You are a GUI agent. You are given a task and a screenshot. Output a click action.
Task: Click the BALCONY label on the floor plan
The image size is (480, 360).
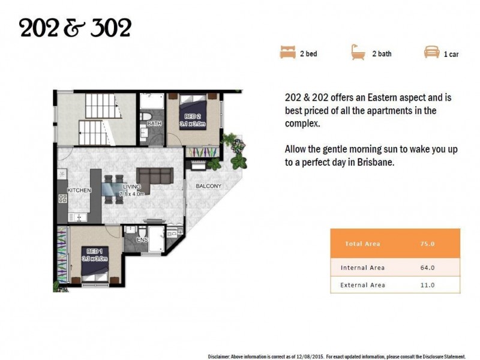(208, 186)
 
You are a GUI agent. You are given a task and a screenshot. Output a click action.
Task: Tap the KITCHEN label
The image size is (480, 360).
(79, 190)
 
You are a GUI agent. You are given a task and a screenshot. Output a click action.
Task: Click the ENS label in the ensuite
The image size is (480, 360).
(142, 239)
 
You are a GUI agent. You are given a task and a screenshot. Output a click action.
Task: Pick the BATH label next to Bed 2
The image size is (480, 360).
(154, 124)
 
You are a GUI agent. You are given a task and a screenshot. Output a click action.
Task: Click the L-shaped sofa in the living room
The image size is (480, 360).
(155, 179)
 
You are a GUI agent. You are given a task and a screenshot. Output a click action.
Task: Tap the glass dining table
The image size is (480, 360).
(112, 189)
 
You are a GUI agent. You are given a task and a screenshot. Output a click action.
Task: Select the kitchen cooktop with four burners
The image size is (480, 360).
(63, 199)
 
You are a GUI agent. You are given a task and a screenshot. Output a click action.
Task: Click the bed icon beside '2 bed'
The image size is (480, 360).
(288, 52)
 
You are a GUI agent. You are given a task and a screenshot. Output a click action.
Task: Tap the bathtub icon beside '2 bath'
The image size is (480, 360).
(358, 52)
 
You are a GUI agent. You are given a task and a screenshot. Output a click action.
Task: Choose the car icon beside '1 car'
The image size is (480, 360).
(431, 52)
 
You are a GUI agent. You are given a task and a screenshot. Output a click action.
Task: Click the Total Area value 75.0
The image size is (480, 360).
(427, 244)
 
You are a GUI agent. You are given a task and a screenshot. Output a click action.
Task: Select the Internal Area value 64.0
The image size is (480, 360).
(427, 268)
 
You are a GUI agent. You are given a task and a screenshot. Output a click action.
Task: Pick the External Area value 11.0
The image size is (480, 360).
(427, 285)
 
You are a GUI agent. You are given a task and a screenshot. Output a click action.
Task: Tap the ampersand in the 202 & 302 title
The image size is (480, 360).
(74, 28)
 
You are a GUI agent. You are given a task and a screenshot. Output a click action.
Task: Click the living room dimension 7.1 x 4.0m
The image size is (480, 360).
(131, 194)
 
